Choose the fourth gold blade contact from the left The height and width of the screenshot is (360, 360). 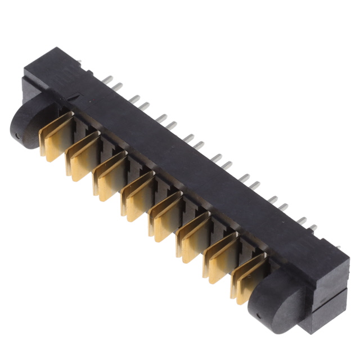(x=138, y=196)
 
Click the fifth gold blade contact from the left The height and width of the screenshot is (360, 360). (x=166, y=217)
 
